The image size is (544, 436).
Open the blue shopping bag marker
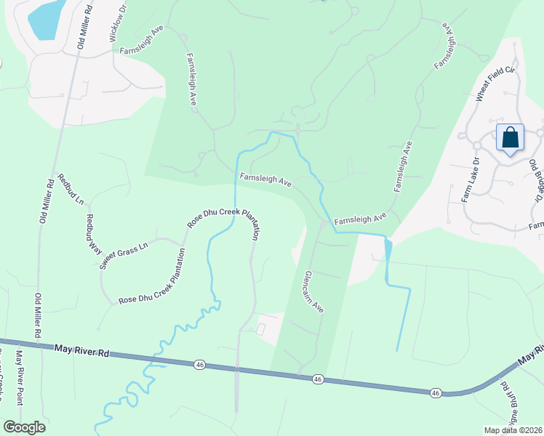[510, 137]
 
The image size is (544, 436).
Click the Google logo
[24, 427]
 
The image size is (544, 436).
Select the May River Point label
[22, 376]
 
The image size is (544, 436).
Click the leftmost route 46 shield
[199, 365]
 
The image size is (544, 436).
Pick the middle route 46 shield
[318, 379]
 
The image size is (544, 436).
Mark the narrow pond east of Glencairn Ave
[388, 251]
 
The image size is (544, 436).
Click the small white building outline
[261, 330]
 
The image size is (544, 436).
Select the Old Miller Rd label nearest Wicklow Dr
[84, 26]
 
